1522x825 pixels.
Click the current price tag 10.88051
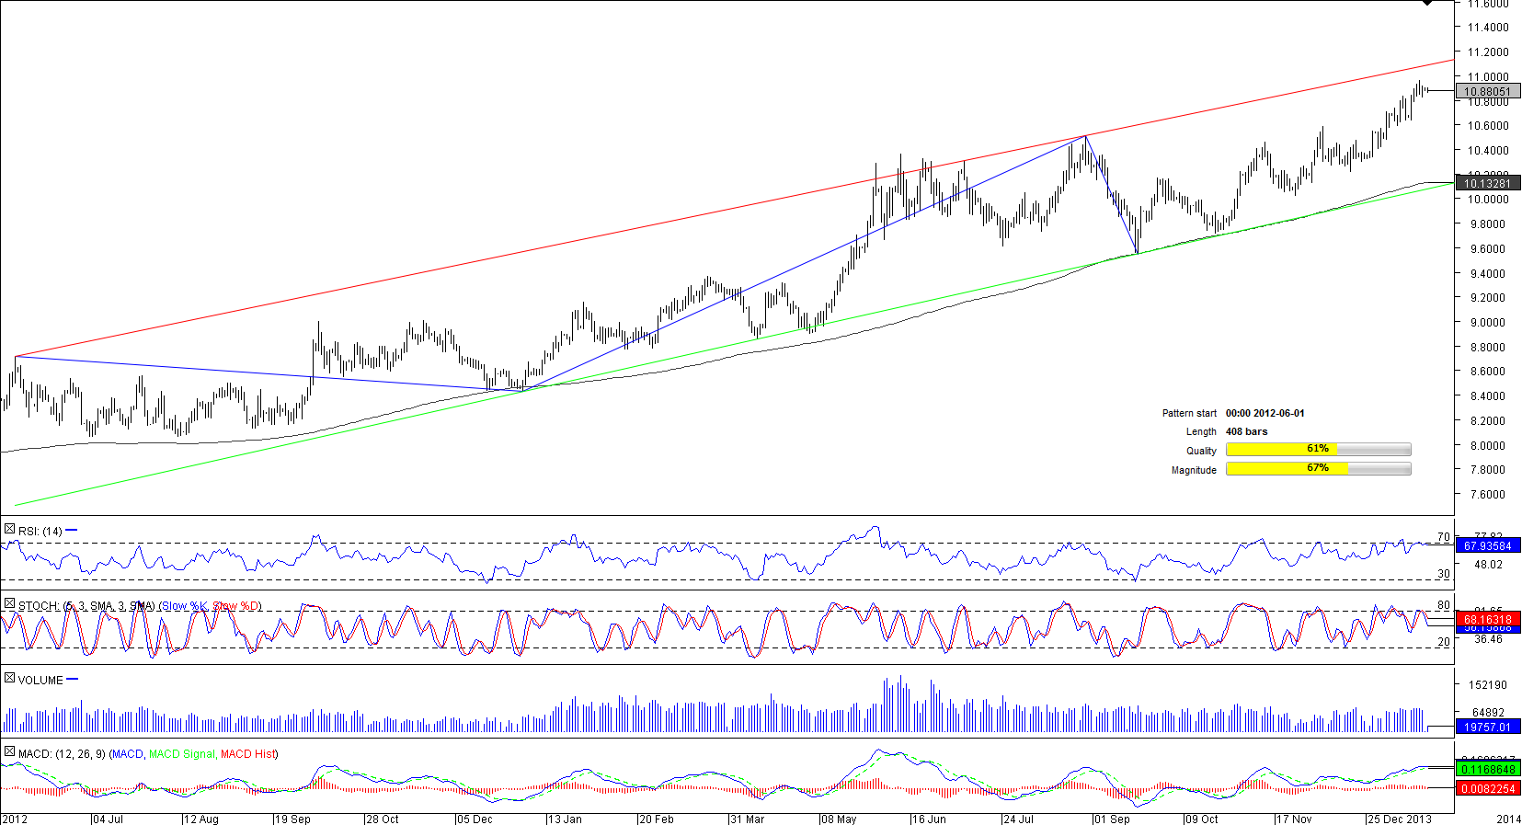1487,91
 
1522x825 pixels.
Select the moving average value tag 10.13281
1487,183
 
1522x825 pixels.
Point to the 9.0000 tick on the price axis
1487,322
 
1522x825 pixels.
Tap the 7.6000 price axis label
1487,494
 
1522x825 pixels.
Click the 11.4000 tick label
1487,28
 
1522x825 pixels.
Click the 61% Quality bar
1318,449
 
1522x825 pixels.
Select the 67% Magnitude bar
1318,468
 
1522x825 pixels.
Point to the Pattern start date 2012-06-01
1265,413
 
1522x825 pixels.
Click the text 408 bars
1246,431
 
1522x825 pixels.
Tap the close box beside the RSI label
9,530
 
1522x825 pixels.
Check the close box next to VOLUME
9,679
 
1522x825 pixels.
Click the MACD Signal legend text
182,753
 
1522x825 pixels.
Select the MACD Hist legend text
247,753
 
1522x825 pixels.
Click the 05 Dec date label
475,819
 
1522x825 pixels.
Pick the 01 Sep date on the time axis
1113,819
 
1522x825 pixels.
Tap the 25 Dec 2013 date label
1400,819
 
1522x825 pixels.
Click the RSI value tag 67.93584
1487,545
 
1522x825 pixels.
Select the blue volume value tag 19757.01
1487,727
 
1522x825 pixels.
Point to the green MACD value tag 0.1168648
1487,769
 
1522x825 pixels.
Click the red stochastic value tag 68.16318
1487,619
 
